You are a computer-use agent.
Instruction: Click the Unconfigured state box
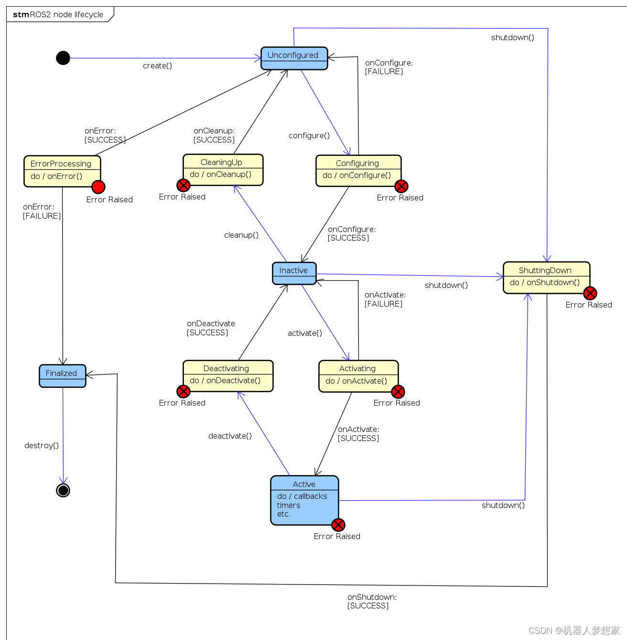tap(294, 58)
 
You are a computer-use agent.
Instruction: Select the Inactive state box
tap(294, 273)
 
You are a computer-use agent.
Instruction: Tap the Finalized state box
tap(62, 375)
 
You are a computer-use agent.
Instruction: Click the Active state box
tap(304, 500)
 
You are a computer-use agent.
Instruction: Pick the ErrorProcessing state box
tap(62, 171)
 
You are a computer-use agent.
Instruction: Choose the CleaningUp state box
tap(223, 169)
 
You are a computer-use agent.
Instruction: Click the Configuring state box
tap(358, 170)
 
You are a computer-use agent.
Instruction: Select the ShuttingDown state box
tap(546, 277)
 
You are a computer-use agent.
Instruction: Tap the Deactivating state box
tap(227, 375)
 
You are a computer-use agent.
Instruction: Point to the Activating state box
tap(358, 376)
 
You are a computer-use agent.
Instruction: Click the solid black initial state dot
tap(63, 58)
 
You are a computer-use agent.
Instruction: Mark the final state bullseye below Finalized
tap(63, 490)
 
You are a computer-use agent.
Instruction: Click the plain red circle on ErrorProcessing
tap(98, 187)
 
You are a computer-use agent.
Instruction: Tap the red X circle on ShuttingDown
tap(590, 293)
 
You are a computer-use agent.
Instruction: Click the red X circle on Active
tap(338, 525)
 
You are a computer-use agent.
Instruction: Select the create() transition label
tap(157, 66)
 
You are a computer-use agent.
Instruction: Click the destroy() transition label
tap(42, 445)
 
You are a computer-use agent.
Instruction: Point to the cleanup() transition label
tap(241, 235)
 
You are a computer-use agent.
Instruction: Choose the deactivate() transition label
tap(230, 436)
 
